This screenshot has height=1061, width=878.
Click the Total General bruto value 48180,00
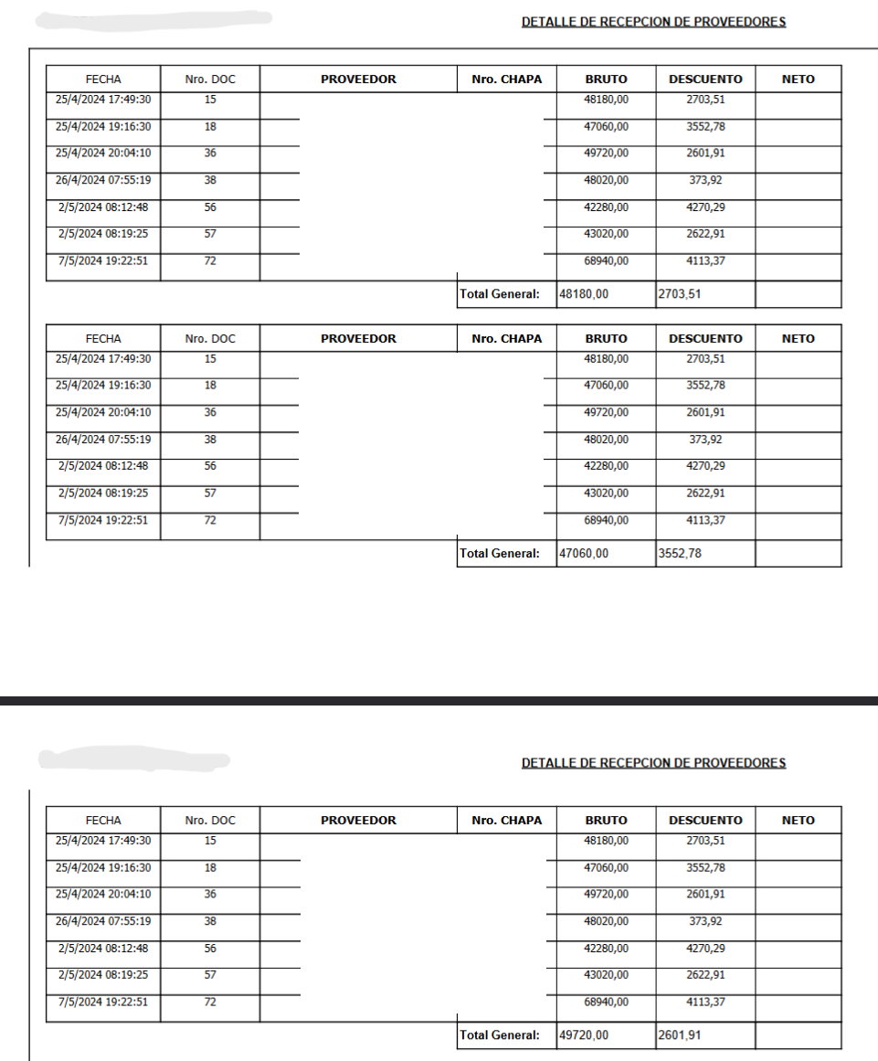584,294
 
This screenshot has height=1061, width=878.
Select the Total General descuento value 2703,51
679,294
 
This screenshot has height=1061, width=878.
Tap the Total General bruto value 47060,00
584,553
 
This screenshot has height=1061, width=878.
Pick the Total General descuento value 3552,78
679,553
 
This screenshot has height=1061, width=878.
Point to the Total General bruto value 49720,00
584,1035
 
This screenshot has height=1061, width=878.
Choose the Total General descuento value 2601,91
679,1035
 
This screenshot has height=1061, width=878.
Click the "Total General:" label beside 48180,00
500,294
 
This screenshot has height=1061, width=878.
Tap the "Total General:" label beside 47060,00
500,553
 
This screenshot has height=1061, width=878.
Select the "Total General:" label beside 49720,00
500,1035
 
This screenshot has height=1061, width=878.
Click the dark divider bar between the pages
439,701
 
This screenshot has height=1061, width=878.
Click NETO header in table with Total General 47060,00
798,338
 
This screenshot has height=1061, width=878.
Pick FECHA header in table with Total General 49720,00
103,821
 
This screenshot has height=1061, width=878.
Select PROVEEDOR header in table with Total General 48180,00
358,80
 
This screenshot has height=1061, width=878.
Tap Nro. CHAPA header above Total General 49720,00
506,821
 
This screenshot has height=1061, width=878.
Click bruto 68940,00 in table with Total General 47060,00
606,520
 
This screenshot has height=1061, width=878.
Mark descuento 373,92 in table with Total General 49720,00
705,921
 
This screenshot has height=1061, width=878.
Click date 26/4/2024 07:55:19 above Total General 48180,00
103,180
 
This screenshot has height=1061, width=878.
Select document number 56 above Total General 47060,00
210,466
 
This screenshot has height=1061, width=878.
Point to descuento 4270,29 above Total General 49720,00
705,949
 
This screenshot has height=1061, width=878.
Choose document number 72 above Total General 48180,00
210,261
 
